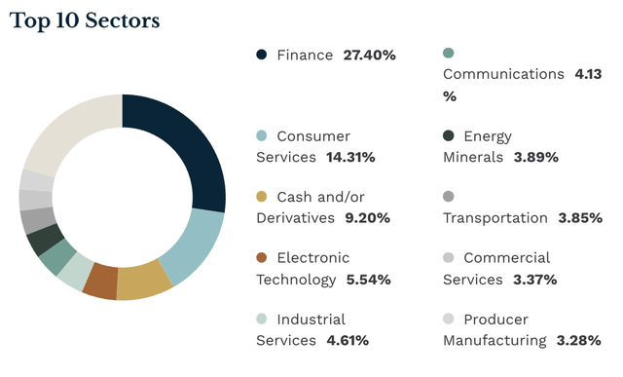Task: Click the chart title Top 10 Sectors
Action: [x=86, y=20]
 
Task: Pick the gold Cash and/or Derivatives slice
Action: [x=143, y=280]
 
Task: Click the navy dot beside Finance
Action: [x=262, y=55]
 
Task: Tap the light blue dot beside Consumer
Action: [x=262, y=136]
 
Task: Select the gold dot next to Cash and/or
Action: [x=262, y=198]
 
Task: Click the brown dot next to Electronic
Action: [x=262, y=258]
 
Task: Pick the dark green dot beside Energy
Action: [x=449, y=136]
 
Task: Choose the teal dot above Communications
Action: [x=449, y=53]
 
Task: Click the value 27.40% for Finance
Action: [x=369, y=56]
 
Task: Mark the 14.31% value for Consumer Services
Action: [x=348, y=157]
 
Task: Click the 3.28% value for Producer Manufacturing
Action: [x=582, y=340]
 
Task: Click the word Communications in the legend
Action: [x=503, y=74]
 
